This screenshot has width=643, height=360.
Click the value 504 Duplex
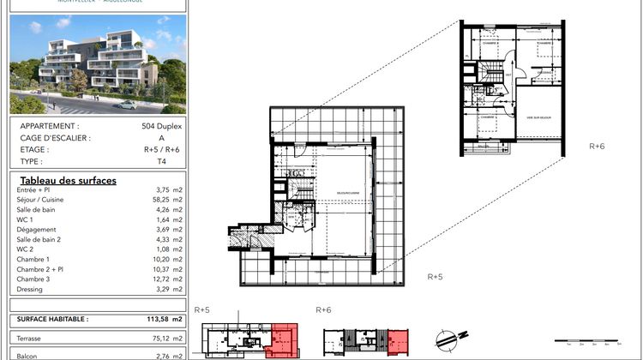click(161, 125)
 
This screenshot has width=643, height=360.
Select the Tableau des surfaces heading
click(67, 180)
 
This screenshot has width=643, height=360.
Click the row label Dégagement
click(36, 229)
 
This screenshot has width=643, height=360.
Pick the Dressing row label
click(32, 289)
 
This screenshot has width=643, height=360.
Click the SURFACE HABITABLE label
click(52, 318)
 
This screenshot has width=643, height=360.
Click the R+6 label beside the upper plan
click(597, 147)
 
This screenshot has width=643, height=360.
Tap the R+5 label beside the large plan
click(435, 277)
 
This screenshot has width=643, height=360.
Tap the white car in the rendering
click(127, 105)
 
